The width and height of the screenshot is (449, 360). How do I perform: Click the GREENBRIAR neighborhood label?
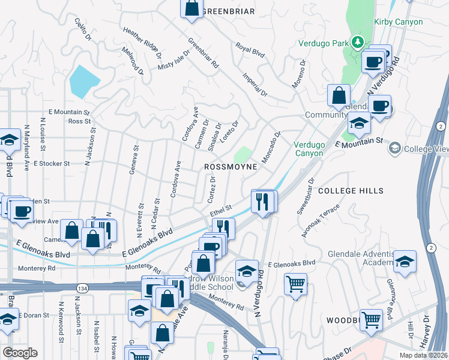(229, 11)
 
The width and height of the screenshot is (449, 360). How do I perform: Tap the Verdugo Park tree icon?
(358, 42)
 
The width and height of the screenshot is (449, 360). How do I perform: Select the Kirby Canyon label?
(399, 22)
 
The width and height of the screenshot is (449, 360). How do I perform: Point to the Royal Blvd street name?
(250, 49)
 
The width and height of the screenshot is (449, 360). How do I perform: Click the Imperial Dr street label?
(255, 85)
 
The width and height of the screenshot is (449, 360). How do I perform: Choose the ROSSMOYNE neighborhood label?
(231, 166)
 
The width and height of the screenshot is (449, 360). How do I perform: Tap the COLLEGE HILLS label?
(351, 190)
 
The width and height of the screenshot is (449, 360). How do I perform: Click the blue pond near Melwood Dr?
(85, 81)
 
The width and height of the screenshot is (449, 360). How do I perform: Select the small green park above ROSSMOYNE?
(243, 154)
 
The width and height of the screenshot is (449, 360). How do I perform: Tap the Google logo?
(20, 353)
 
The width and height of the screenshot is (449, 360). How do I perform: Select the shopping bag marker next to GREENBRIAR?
(191, 8)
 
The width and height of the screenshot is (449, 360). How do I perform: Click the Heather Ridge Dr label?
(142, 42)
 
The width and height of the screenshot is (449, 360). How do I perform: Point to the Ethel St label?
(220, 211)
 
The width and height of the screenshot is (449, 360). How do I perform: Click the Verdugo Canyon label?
(309, 149)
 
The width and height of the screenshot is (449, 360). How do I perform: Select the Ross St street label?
(79, 121)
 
